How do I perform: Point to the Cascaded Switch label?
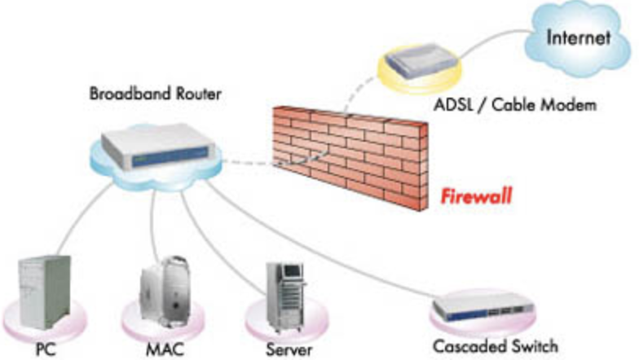coord(498,345)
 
